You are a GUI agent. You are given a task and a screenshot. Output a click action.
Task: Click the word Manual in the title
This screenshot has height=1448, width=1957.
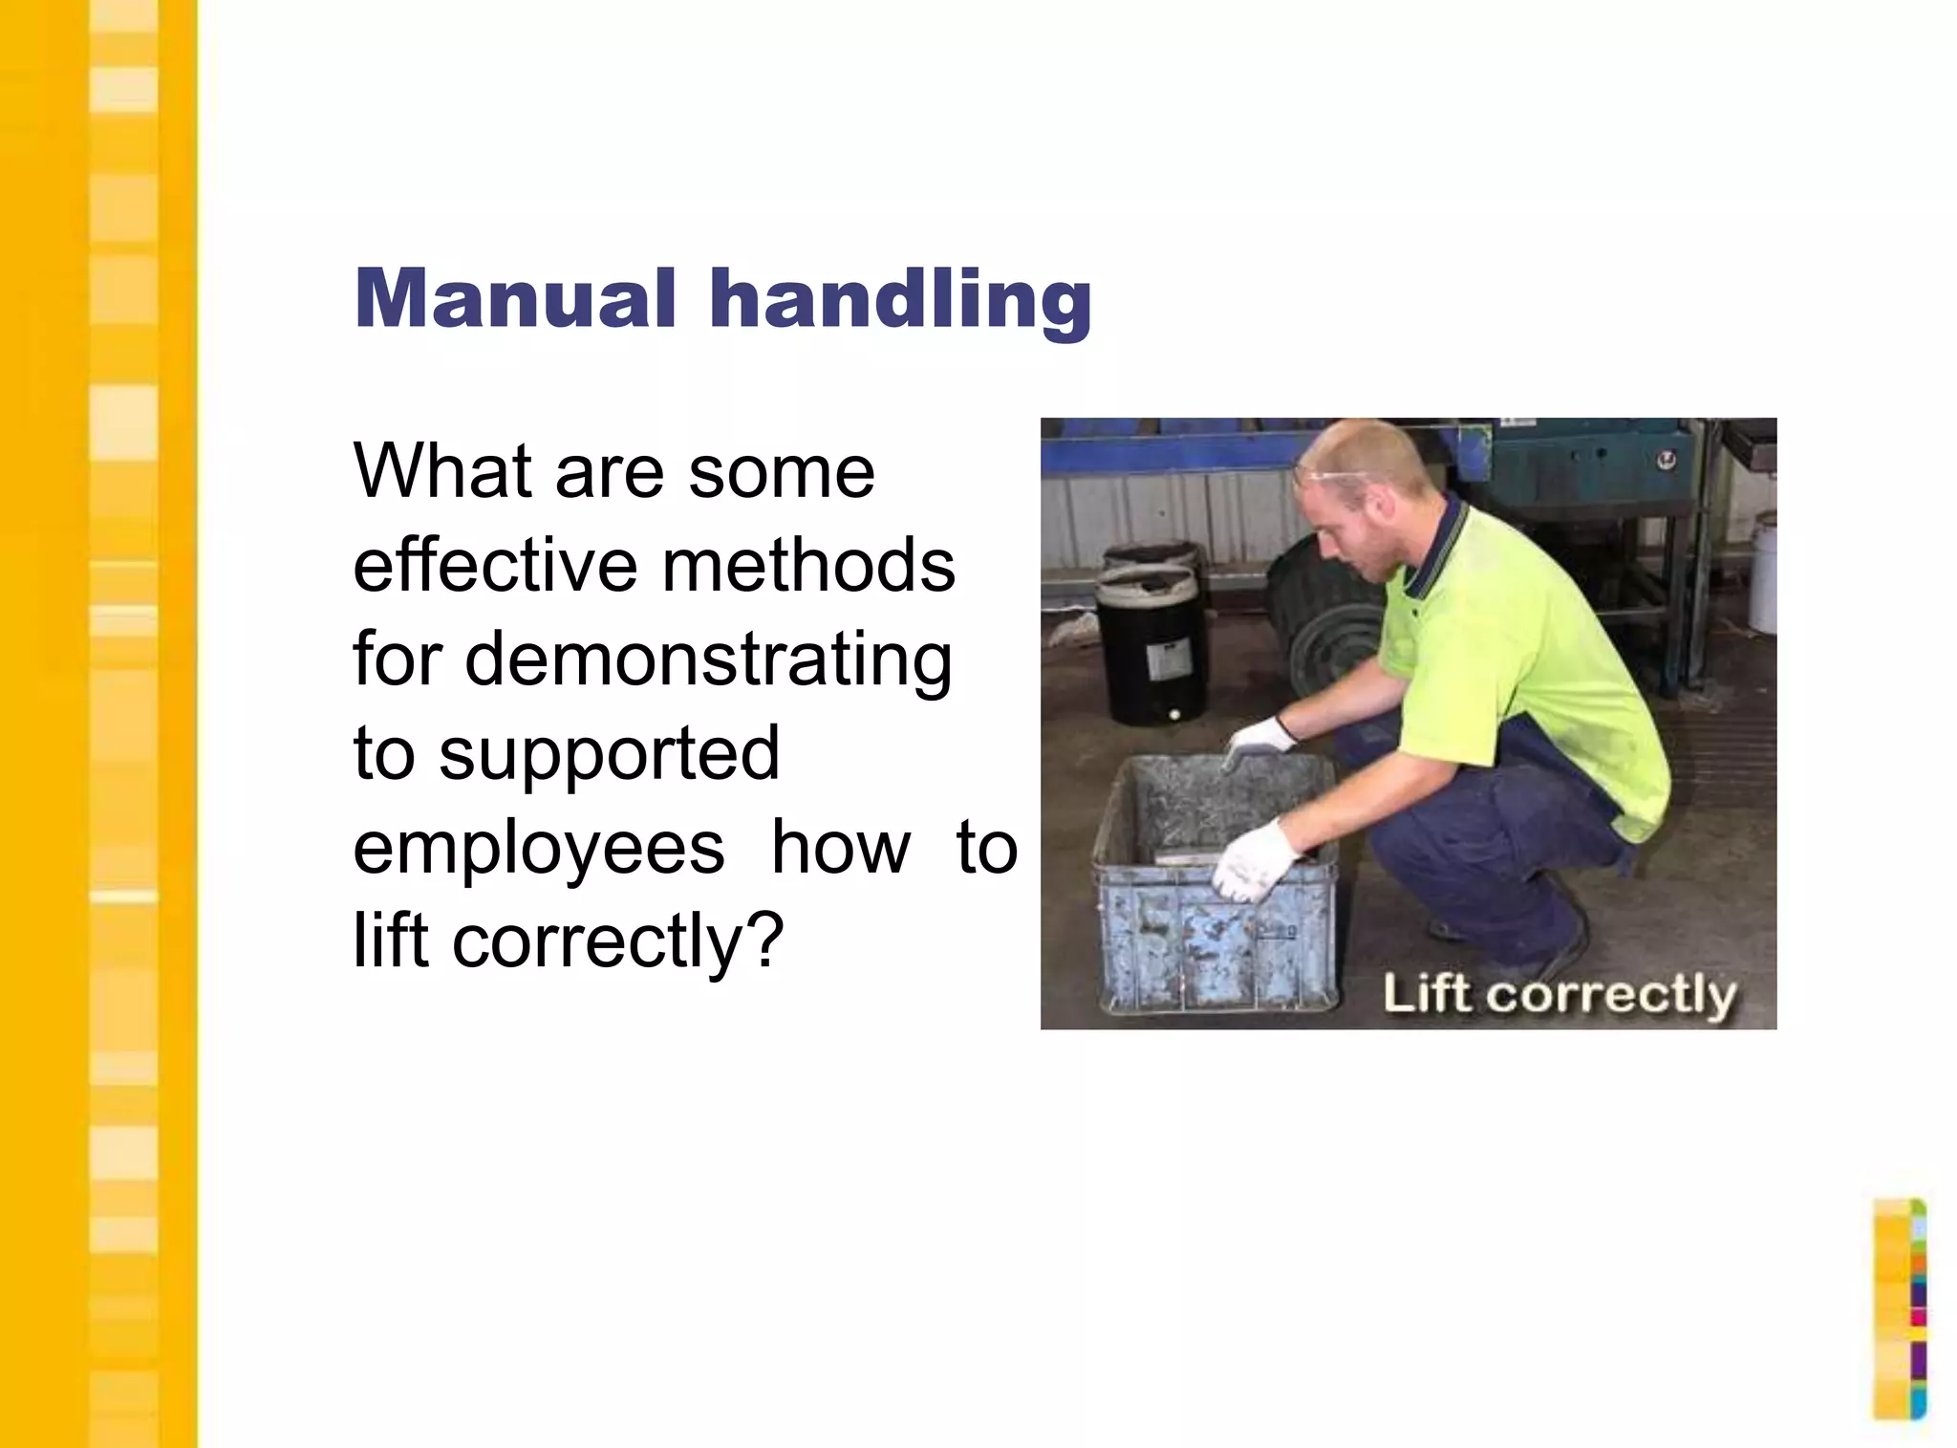coord(515,298)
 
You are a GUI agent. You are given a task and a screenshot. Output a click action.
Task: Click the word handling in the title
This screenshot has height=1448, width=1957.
coord(899,300)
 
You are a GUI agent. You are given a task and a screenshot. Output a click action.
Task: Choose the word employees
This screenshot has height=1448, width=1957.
coord(539,848)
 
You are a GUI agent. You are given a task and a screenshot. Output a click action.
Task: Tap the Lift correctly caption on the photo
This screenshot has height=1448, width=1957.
coord(1559,994)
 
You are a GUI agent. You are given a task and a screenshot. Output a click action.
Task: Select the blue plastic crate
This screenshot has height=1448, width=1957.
coord(1214,889)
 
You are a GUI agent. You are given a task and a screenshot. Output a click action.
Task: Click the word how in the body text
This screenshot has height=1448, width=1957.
coord(841,848)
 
